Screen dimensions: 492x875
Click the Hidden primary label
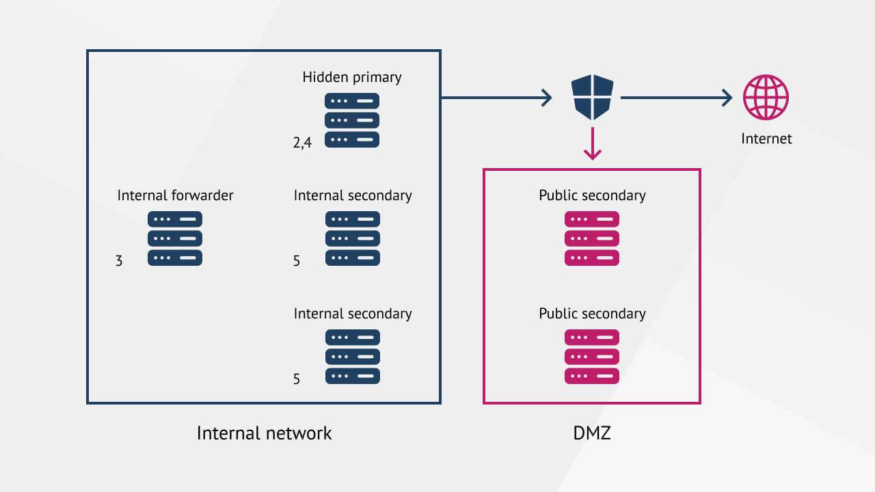coord(352,77)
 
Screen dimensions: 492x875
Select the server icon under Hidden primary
coord(352,120)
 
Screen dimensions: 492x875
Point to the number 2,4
coord(302,143)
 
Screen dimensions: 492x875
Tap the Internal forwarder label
coord(175,195)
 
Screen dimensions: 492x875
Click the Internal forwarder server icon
coord(175,238)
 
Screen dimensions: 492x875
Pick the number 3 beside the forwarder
coord(119,260)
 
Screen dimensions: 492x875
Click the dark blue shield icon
coord(593,98)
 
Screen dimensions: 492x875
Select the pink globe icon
coord(766,98)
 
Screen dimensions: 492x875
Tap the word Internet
coord(766,139)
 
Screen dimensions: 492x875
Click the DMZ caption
coord(592,433)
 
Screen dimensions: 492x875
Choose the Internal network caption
coord(264,433)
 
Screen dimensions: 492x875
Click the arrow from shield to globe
coord(676,98)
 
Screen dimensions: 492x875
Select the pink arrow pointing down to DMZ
coord(593,144)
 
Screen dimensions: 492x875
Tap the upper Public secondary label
coord(592,195)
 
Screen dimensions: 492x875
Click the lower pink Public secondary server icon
coord(592,357)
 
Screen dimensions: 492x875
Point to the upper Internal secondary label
coord(353,195)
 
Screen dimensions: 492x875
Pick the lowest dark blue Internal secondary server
coord(353,357)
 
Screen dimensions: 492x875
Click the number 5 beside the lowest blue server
coord(297,379)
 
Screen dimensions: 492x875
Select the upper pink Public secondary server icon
coord(592,238)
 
